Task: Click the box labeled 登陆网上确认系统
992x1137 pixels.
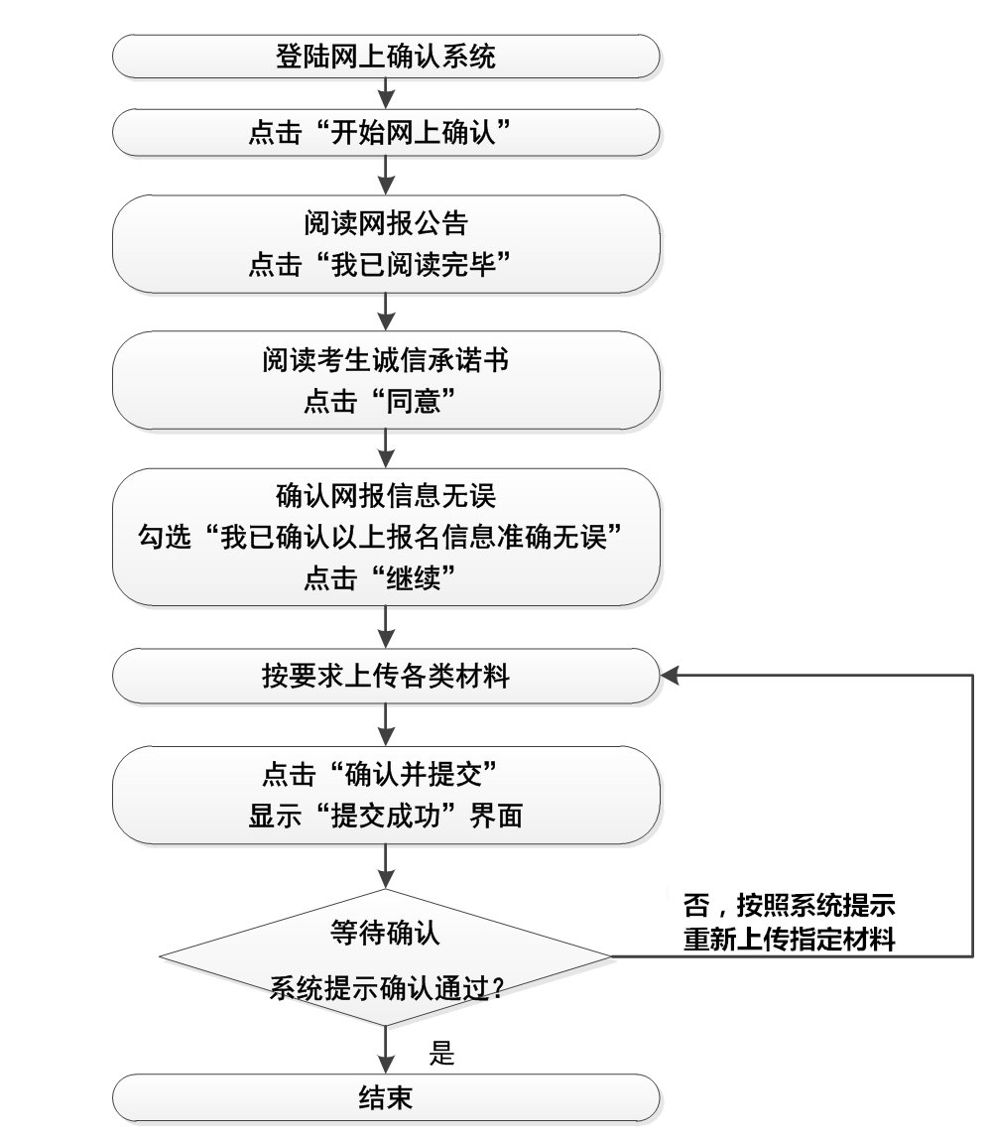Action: click(386, 56)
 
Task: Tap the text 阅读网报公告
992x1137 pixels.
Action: click(386, 220)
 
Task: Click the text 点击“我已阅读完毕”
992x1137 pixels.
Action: click(386, 265)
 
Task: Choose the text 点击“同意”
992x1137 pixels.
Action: click(386, 403)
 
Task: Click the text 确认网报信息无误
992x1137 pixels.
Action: click(386, 493)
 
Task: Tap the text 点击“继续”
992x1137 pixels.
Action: click(386, 580)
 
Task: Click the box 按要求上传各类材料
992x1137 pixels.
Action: click(386, 677)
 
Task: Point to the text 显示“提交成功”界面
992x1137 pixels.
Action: click(386, 819)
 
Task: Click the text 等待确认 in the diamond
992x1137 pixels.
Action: click(386, 934)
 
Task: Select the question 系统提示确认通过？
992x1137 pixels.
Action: click(386, 988)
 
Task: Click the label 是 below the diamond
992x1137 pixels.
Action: click(442, 1054)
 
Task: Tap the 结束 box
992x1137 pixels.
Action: click(386, 1097)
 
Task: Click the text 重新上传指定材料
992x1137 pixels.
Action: click(790, 941)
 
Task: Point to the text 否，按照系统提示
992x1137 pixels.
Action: click(790, 906)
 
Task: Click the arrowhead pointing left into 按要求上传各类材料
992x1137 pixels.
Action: click(672, 677)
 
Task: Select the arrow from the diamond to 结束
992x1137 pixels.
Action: click(386, 1048)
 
